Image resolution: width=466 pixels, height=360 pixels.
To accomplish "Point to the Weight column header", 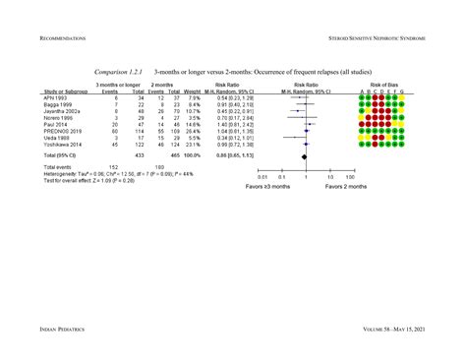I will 192,92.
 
